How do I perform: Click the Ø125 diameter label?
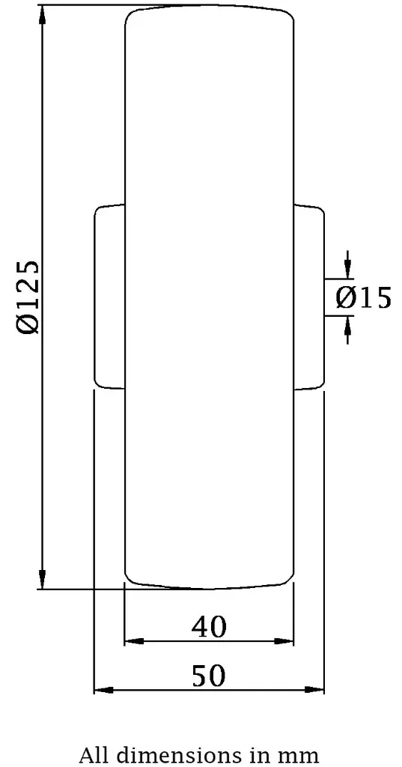[28, 297]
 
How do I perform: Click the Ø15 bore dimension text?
[363, 298]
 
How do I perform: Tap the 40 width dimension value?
[209, 627]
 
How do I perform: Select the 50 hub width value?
[209, 676]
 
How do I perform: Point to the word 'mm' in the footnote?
[301, 754]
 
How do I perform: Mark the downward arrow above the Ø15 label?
[347, 269]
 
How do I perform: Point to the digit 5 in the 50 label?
[200, 676]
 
